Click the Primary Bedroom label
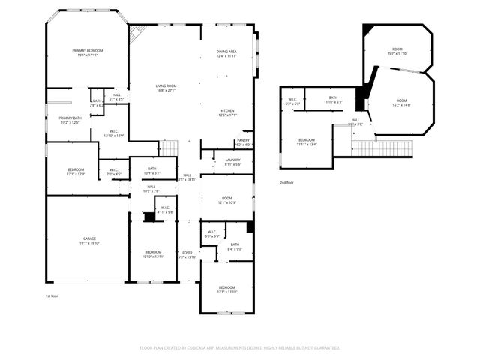coord(88,52)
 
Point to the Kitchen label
coord(227,112)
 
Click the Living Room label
coord(166,88)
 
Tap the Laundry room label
coord(232,161)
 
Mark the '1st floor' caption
coord(52,296)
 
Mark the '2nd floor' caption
coord(286,182)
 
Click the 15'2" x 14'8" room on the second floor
coord(401,103)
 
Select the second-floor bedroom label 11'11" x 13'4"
coord(307,142)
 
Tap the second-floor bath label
coord(332,99)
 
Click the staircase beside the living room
coord(170,148)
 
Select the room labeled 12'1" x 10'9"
coord(227,200)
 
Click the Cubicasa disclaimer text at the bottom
coord(240,347)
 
